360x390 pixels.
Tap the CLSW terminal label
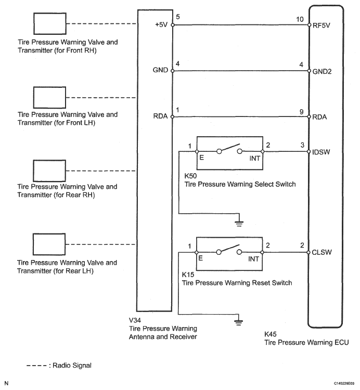[x=321, y=253]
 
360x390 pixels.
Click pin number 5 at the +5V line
[x=178, y=17]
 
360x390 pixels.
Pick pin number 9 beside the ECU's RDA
[x=302, y=111]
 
